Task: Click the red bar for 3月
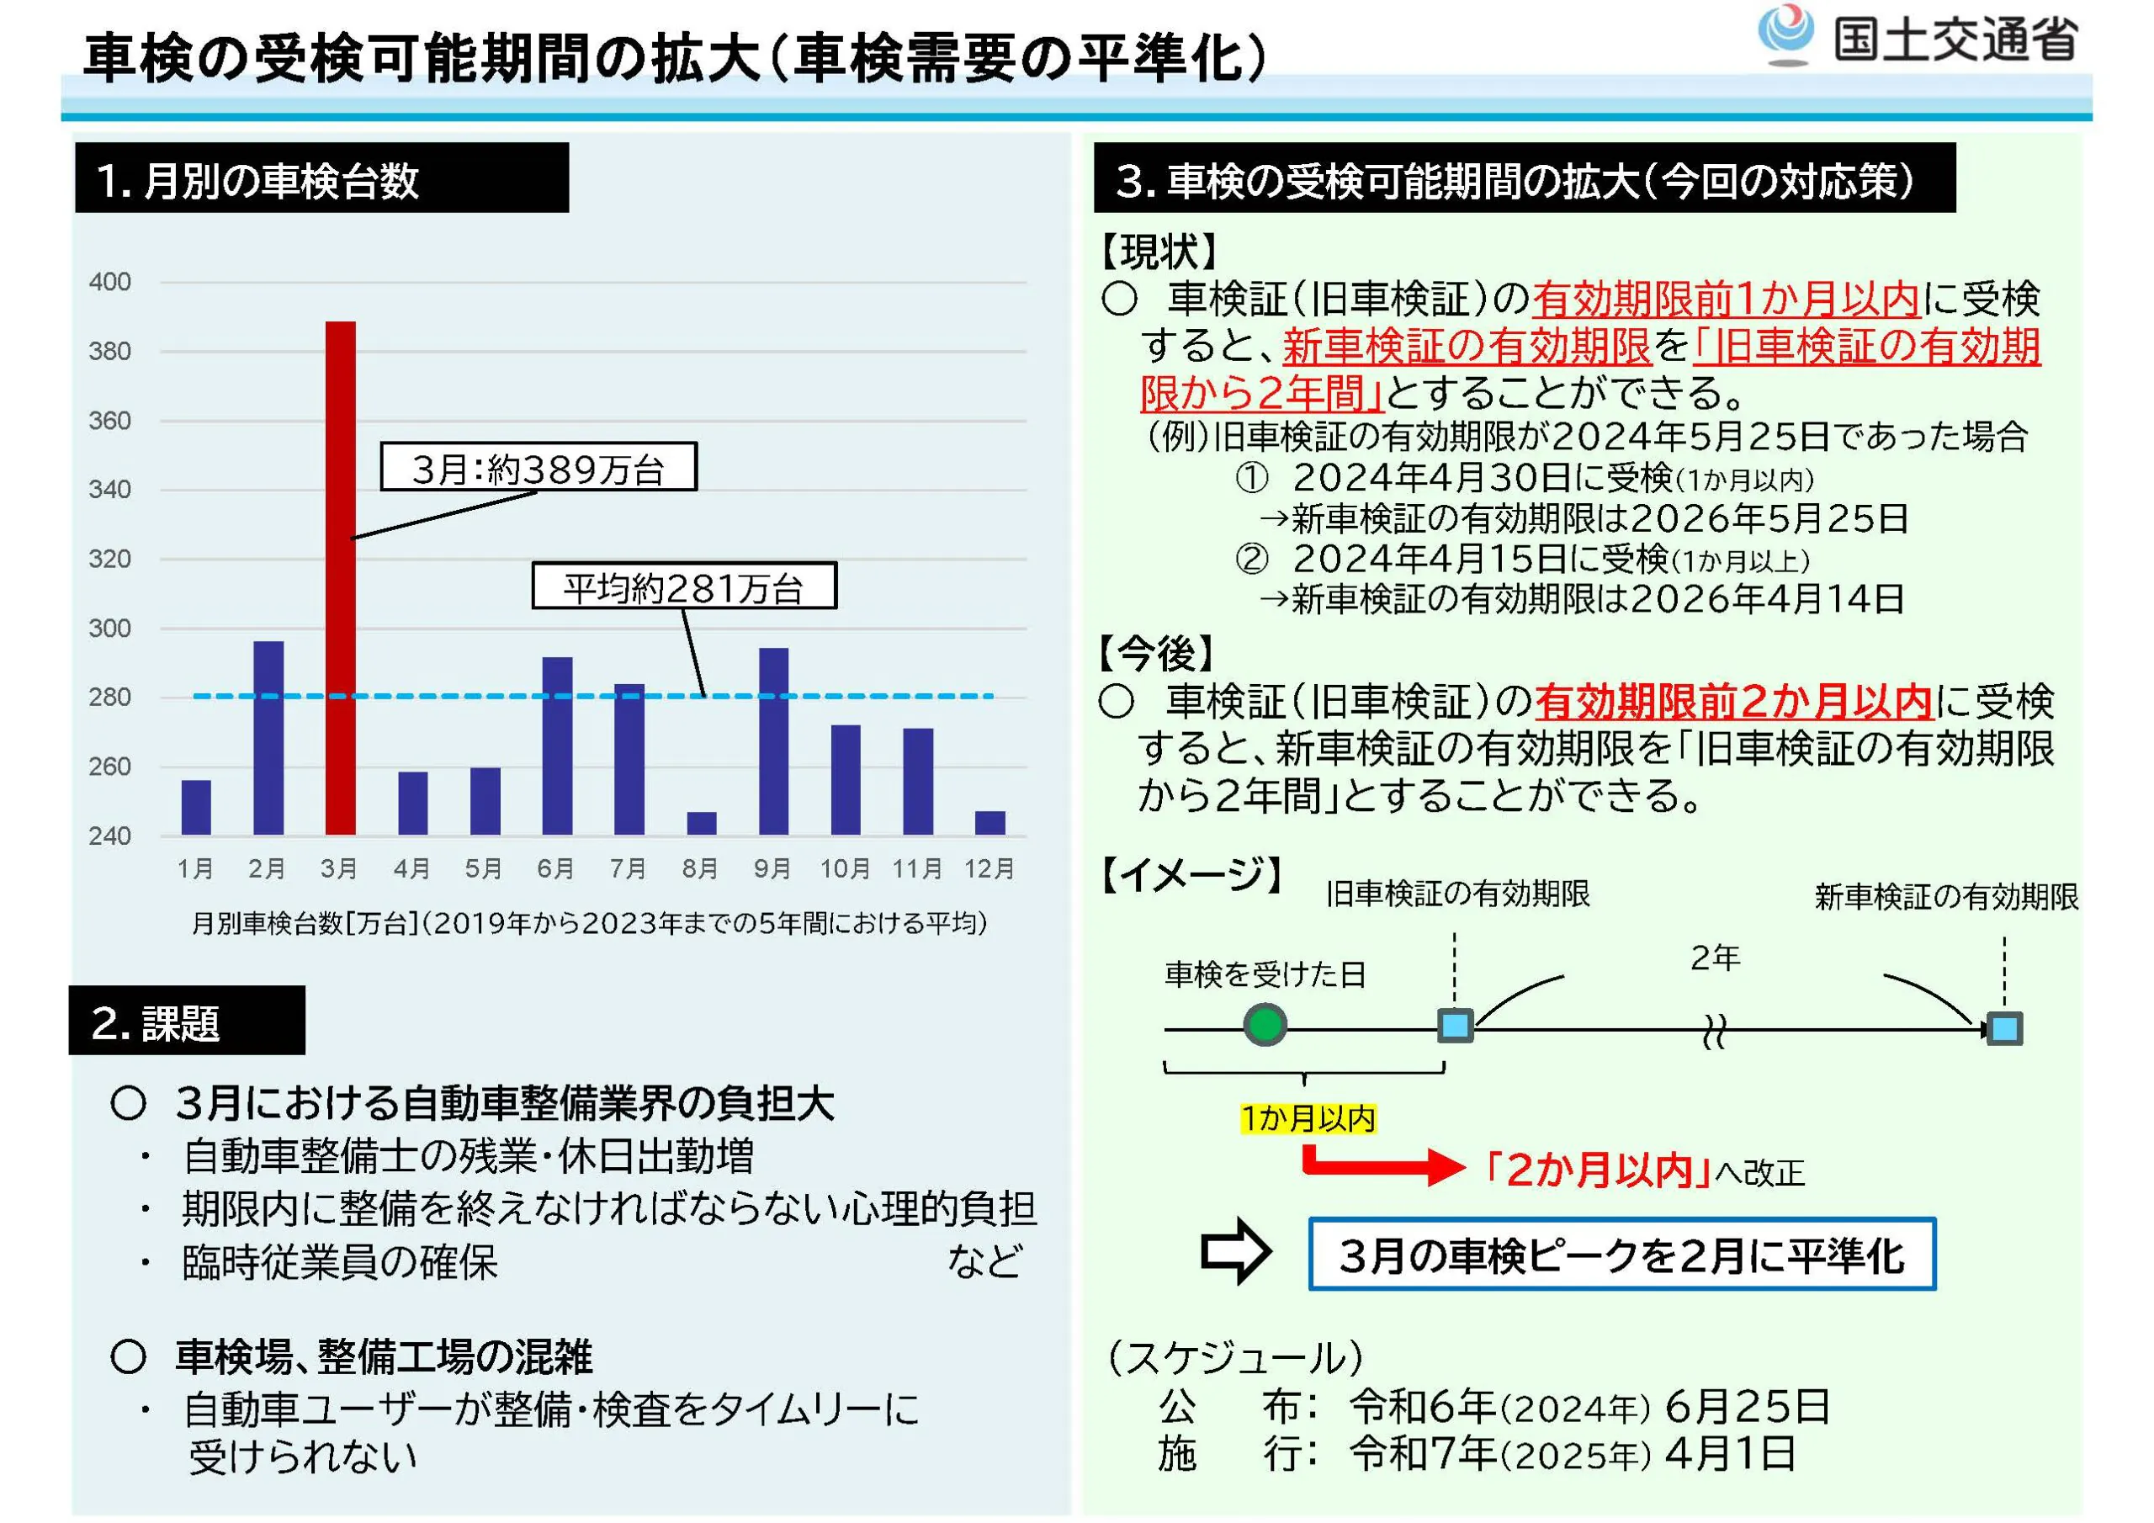[x=341, y=578]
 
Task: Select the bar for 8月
[x=702, y=823]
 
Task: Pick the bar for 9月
[x=774, y=741]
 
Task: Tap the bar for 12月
[x=989, y=823]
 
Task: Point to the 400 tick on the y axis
[x=109, y=282]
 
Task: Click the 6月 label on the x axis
[x=555, y=868]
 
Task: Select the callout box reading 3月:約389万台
[x=538, y=466]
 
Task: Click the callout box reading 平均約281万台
[x=684, y=586]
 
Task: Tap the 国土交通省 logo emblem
[x=1785, y=34]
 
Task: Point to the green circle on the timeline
[x=1265, y=1025]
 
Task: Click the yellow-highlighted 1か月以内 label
[x=1308, y=1117]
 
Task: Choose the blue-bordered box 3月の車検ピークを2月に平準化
[x=1622, y=1254]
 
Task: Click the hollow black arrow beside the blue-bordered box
[x=1237, y=1251]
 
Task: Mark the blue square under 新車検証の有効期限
[x=2005, y=1028]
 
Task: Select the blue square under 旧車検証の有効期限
[x=1455, y=1026]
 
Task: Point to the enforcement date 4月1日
[x=1731, y=1453]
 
